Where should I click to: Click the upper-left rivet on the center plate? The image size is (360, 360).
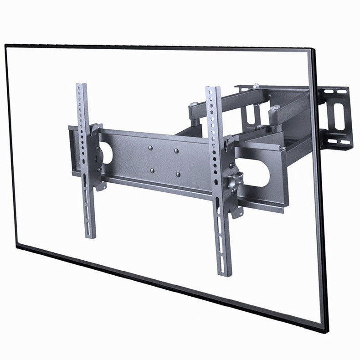click(150, 148)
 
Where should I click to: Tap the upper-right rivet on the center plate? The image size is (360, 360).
click(176, 150)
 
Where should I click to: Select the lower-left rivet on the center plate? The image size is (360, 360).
click(152, 170)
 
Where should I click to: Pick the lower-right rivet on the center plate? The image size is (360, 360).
click(178, 174)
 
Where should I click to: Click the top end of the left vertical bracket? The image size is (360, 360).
click(81, 86)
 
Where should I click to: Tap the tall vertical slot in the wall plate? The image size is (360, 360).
click(339, 116)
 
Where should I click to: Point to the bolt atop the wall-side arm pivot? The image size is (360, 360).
click(257, 85)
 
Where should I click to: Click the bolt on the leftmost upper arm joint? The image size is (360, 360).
click(193, 104)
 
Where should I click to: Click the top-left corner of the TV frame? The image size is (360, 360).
click(6, 45)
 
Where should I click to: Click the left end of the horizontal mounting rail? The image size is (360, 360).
click(71, 150)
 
